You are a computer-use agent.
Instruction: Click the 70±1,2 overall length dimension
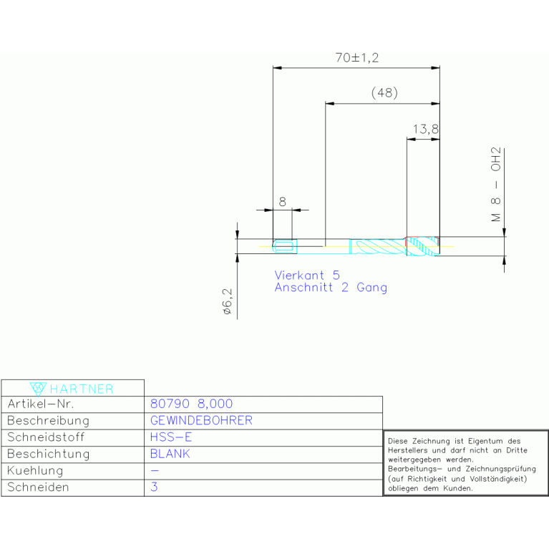coord(356,58)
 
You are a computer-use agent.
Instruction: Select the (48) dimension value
coord(384,93)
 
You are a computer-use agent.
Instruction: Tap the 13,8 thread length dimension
coord(425,130)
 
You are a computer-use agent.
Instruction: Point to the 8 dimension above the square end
coord(282,202)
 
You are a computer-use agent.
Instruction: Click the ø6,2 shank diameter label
coord(227,301)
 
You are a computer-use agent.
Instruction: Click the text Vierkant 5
coord(307,275)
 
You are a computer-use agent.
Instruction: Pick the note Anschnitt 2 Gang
coord(331,288)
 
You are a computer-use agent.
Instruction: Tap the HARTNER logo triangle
coord(38,389)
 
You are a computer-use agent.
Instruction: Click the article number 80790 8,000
coord(191,404)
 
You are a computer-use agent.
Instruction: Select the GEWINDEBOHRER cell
coord(201,420)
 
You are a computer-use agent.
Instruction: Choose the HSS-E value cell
coord(171,437)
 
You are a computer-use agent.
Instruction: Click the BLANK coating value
coord(170,454)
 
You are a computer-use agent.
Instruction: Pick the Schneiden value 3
coord(154,487)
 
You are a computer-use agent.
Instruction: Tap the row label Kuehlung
coord(35,470)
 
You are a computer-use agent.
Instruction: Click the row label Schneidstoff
coord(46,437)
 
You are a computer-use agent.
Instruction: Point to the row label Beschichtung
coord(49,454)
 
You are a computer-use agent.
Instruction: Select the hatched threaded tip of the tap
coord(422,246)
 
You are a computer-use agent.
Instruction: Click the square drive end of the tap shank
coord(285,246)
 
